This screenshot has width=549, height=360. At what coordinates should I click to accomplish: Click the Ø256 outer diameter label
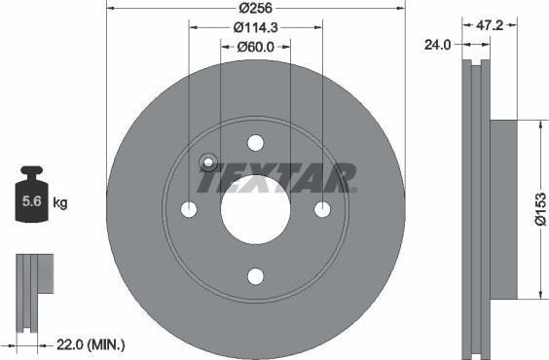255,8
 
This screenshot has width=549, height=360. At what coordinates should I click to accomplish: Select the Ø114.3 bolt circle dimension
255,27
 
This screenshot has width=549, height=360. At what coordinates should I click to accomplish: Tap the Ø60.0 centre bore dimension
255,46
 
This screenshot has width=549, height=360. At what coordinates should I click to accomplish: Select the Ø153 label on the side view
538,208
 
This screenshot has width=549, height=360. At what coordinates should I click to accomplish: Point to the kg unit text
60,203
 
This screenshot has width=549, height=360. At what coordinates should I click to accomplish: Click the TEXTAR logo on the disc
277,179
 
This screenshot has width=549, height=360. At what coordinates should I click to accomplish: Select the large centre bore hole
255,209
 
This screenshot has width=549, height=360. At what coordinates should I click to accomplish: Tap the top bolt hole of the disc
255,143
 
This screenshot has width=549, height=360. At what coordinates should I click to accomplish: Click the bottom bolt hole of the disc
255,276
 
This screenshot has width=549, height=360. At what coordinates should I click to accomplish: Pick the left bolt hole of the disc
189,209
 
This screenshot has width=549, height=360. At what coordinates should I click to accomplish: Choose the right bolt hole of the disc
322,209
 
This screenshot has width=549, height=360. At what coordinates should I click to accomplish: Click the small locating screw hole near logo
208,163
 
